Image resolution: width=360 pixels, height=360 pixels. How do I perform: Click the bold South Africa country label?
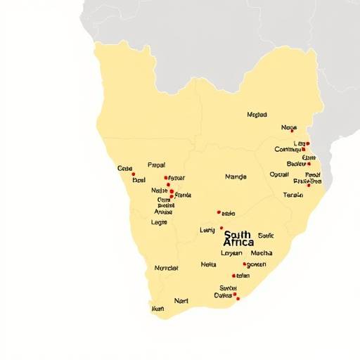coord(238,238)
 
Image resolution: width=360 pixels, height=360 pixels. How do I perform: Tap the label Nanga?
coord(236,176)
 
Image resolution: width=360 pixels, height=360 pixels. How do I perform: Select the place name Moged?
coord(257,114)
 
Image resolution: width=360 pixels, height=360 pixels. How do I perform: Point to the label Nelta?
coord(208,264)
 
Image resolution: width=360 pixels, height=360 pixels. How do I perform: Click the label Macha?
coord(262,253)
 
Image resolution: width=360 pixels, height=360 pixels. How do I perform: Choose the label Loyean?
coord(231,253)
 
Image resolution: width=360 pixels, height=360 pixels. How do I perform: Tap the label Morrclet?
coord(167,268)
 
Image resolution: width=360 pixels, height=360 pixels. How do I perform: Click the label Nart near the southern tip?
coord(181,300)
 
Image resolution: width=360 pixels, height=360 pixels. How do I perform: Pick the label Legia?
coord(160,222)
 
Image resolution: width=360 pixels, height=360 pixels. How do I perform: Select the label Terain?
coord(292,195)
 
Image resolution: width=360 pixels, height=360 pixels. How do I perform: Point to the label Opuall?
coord(279,174)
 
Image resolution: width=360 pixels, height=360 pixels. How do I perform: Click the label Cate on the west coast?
coord(125,168)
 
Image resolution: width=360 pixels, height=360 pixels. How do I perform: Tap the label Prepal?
coord(156,165)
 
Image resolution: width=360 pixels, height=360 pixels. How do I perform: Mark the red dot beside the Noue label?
coord(292,130)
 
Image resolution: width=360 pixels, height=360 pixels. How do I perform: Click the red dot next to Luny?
coord(221,228)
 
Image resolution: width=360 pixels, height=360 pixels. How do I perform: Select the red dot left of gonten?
coord(245,264)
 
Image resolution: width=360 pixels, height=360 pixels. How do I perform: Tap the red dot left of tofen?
coord(233,276)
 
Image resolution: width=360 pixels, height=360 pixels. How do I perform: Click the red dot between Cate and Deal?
coord(133,174)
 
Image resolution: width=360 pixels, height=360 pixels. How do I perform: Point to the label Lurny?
coord(207,229)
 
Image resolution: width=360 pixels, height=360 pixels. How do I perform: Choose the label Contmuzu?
coord(287,149)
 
